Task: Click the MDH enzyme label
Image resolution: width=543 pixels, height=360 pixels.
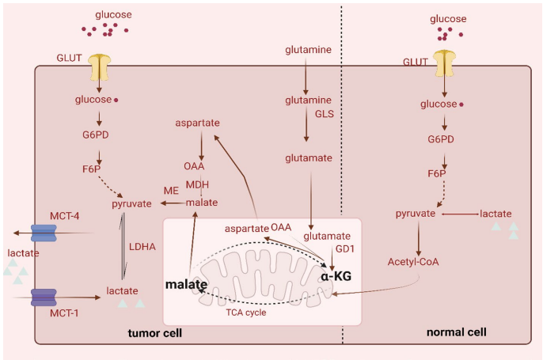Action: (x=197, y=185)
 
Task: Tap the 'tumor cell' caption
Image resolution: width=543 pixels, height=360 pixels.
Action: (x=155, y=333)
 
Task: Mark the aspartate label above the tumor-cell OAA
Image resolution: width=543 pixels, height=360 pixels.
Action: (x=197, y=123)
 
